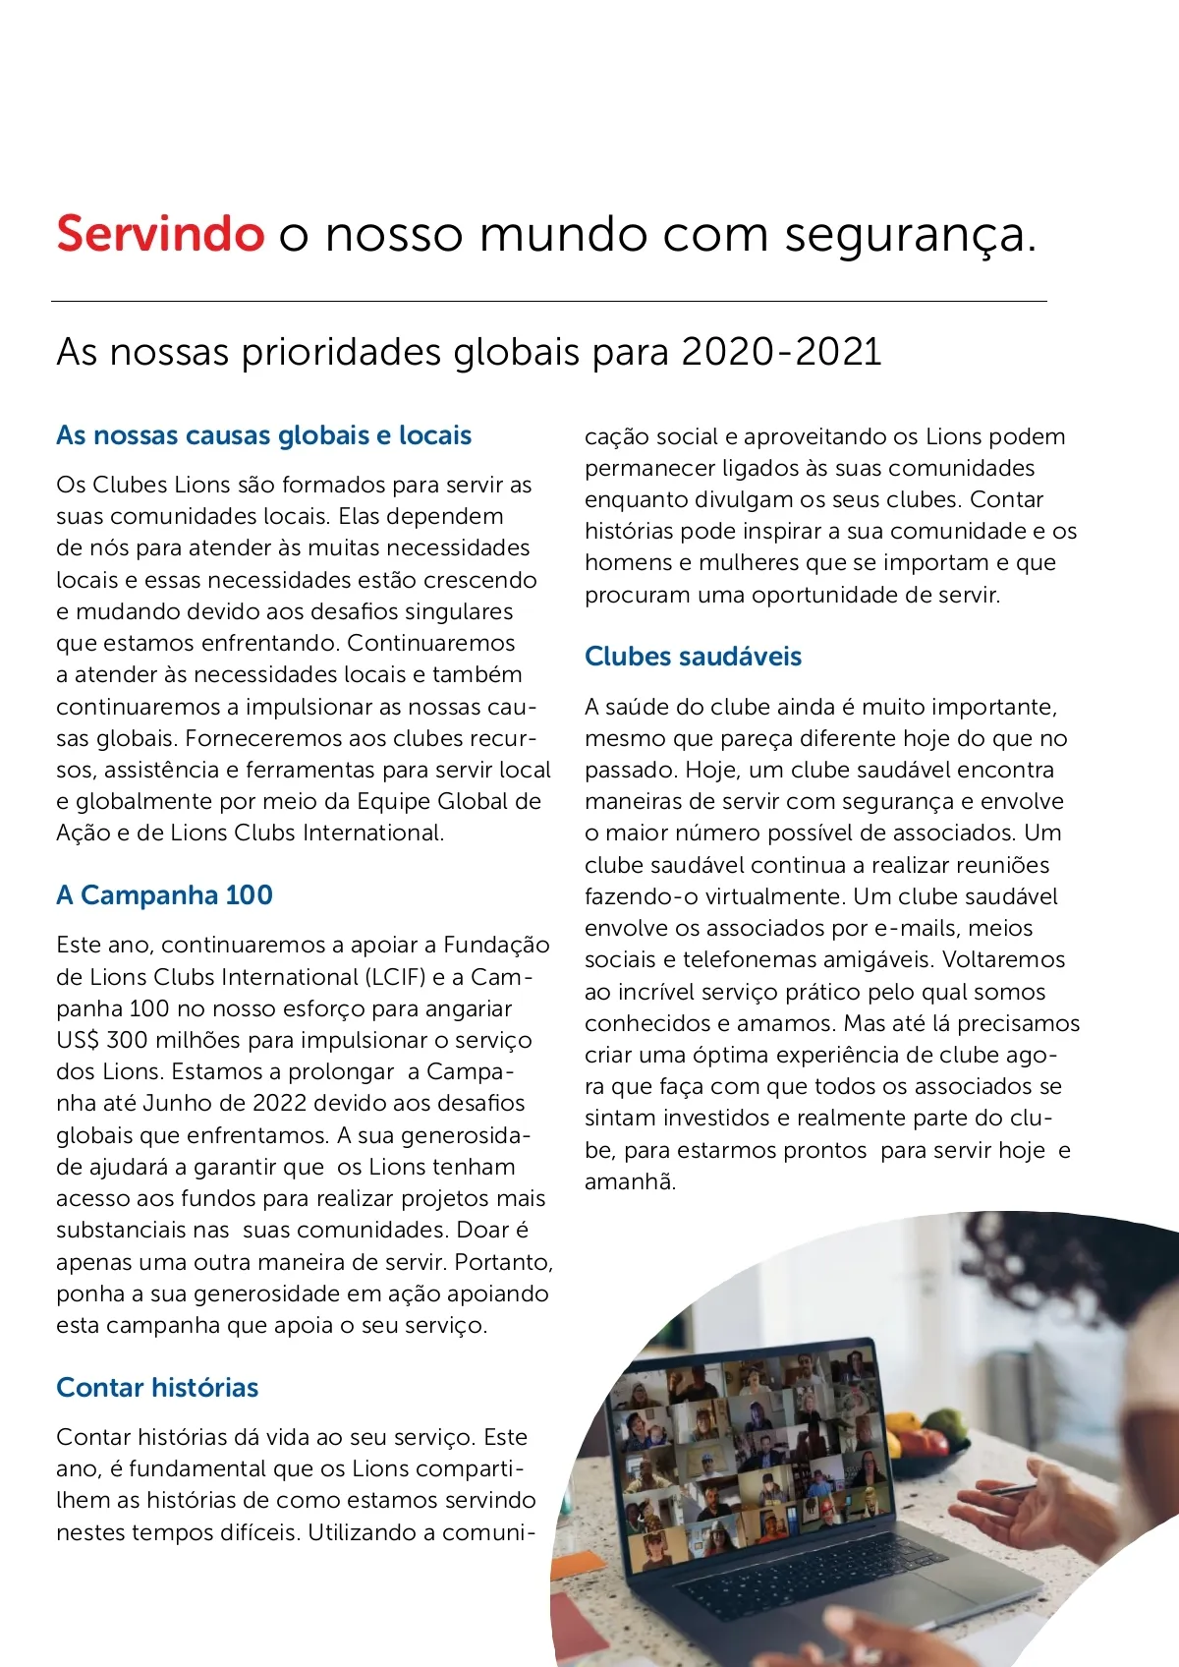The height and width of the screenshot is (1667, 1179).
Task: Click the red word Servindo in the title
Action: point(160,234)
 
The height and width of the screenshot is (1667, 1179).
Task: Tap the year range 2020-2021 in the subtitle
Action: point(781,352)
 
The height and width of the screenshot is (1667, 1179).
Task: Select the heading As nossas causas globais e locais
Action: point(263,435)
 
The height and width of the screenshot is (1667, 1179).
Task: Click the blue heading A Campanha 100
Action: point(164,895)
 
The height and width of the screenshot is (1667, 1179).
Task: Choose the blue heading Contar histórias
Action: point(157,1388)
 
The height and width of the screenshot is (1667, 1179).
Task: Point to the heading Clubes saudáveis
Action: point(693,657)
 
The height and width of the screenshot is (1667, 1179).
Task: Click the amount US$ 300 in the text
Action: point(99,1040)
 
